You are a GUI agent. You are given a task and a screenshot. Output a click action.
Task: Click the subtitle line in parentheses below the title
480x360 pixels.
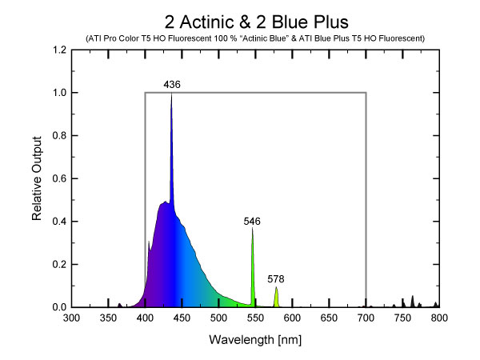pos(255,38)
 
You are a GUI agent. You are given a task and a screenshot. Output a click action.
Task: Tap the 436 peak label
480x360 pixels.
pos(171,84)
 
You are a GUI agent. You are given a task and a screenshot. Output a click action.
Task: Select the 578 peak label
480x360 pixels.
pos(276,279)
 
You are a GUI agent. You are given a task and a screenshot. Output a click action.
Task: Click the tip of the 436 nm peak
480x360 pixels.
pos(171,94)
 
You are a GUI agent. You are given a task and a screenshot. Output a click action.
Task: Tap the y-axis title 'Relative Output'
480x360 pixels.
pos(38,178)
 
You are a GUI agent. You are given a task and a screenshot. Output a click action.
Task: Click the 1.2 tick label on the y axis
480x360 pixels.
pos(58,50)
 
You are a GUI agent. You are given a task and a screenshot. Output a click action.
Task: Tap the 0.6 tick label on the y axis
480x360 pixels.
pos(58,178)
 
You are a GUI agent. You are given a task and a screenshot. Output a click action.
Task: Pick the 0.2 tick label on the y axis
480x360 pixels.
pos(58,264)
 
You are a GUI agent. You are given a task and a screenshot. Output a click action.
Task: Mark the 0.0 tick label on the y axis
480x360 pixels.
pos(58,307)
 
